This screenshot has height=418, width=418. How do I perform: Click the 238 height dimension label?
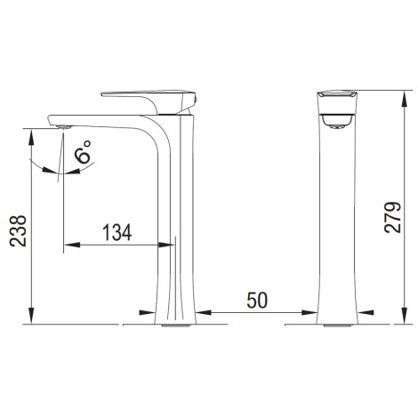tap(18, 231)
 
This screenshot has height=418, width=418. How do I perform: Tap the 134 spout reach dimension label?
tap(117, 233)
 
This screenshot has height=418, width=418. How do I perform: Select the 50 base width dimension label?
tap(257, 300)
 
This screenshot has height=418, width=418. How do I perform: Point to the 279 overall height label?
tap(392, 217)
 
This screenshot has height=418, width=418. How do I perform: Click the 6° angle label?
tap(83, 151)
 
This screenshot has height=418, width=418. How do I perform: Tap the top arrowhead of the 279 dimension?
tap(404, 99)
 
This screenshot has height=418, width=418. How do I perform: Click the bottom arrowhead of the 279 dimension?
tap(404, 316)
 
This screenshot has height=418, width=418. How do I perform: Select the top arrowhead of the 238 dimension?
tap(31, 137)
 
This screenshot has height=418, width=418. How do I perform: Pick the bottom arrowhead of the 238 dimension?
tap(31, 316)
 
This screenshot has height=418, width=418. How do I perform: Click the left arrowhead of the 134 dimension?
tap(72, 245)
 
